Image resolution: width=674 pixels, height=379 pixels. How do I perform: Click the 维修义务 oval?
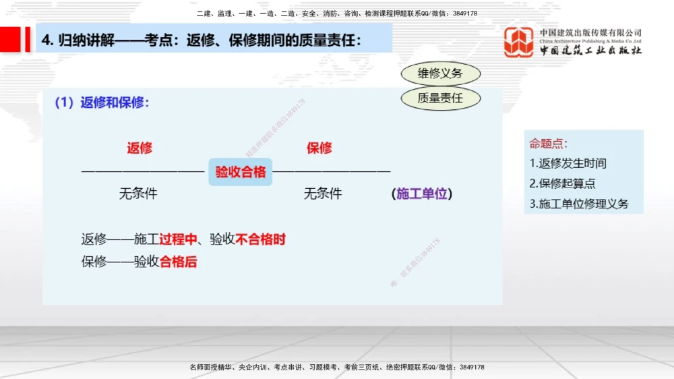(440, 74)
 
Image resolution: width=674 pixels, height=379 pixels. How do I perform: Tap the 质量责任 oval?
(440, 98)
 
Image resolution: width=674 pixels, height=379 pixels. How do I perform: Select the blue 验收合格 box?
(241, 172)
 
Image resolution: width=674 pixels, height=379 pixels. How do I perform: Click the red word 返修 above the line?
(140, 148)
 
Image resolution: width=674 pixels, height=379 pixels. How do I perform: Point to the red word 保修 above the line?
(319, 148)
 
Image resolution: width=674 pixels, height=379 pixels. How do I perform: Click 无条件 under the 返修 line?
(138, 194)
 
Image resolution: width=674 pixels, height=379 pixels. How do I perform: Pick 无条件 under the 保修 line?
(323, 194)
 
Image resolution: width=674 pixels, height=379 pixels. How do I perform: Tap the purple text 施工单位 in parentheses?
(422, 194)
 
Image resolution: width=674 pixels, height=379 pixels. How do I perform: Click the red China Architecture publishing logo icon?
(519, 42)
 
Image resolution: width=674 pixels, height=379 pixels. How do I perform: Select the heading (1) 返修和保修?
(102, 103)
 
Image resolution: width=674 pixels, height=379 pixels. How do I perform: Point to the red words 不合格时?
(261, 239)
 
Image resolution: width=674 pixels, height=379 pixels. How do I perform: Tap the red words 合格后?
(178, 262)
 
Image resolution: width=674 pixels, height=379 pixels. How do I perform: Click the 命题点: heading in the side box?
(548, 143)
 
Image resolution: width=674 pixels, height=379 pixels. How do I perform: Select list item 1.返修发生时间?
(568, 163)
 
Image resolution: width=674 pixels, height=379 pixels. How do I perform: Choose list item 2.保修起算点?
(562, 183)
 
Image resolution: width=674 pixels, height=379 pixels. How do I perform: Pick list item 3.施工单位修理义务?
(578, 204)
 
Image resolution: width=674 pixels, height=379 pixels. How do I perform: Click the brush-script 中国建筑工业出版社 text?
(590, 51)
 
